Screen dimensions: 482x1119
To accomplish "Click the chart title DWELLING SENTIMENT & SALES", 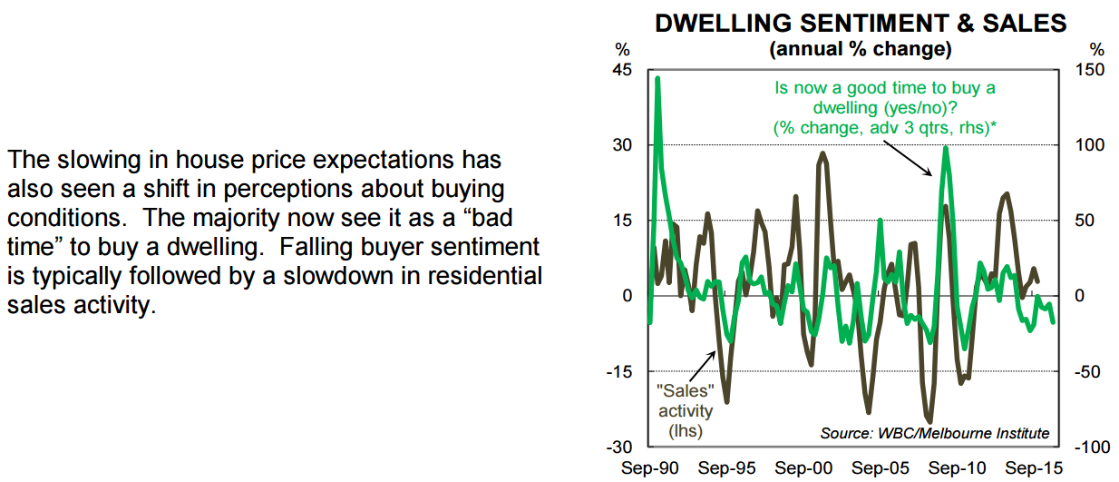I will pyautogui.click(x=861, y=24).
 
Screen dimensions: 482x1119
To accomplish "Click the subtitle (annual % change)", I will pyautogui.click(x=860, y=48).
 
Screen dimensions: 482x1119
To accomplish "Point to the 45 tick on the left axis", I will pyautogui.click(x=623, y=70).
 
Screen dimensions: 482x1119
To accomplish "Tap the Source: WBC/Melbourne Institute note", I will pyautogui.click(x=935, y=433).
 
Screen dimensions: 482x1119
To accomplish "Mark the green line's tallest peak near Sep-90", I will pyautogui.click(x=657, y=79).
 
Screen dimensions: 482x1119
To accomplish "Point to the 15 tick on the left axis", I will pyautogui.click(x=623, y=221).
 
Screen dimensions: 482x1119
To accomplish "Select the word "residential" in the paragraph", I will pyautogui.click(x=485, y=276).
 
